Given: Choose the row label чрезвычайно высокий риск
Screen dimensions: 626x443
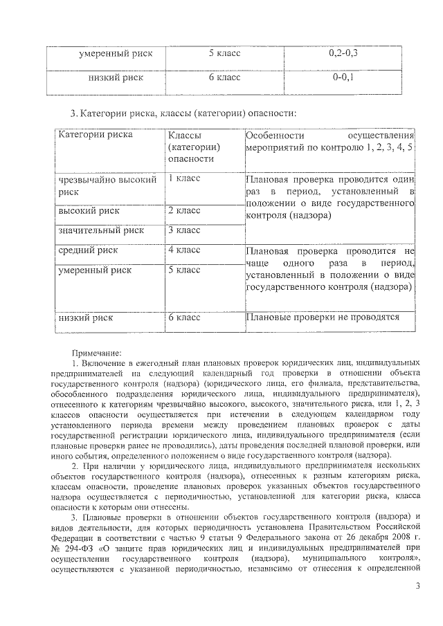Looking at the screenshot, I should tap(105, 186).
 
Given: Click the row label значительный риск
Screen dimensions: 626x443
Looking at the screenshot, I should tap(101, 230).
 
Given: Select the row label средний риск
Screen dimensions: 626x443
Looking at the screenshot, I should tap(88, 250).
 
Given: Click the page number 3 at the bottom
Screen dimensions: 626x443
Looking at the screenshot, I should tap(417, 587).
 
